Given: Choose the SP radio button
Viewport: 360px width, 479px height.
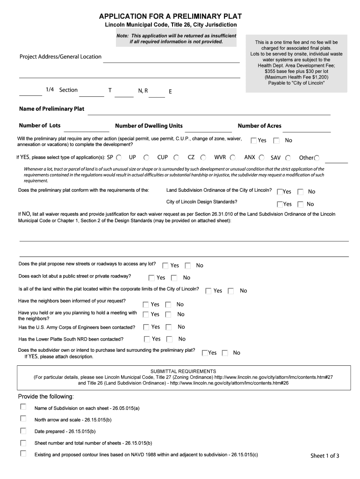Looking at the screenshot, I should coord(119,158).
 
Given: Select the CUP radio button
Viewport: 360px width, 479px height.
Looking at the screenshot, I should coord(176,158).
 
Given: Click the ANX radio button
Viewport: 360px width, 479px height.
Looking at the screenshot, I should coord(262,158).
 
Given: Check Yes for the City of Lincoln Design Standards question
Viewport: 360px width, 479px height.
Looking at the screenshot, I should coord(280,204).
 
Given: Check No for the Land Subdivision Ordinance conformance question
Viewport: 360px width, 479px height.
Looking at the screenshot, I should coord(301,191).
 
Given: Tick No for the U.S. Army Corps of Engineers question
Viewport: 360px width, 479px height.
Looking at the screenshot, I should coord(169,327).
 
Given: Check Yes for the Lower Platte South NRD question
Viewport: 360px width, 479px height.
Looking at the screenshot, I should coord(147,339).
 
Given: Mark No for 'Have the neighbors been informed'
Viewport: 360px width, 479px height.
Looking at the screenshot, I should coord(169,305).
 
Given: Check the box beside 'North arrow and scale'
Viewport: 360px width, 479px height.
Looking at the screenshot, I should coord(23,418).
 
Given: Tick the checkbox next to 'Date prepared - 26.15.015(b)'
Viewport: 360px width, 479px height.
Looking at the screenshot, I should coord(23,430).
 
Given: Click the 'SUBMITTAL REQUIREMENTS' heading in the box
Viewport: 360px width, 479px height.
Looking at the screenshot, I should coord(183,371).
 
